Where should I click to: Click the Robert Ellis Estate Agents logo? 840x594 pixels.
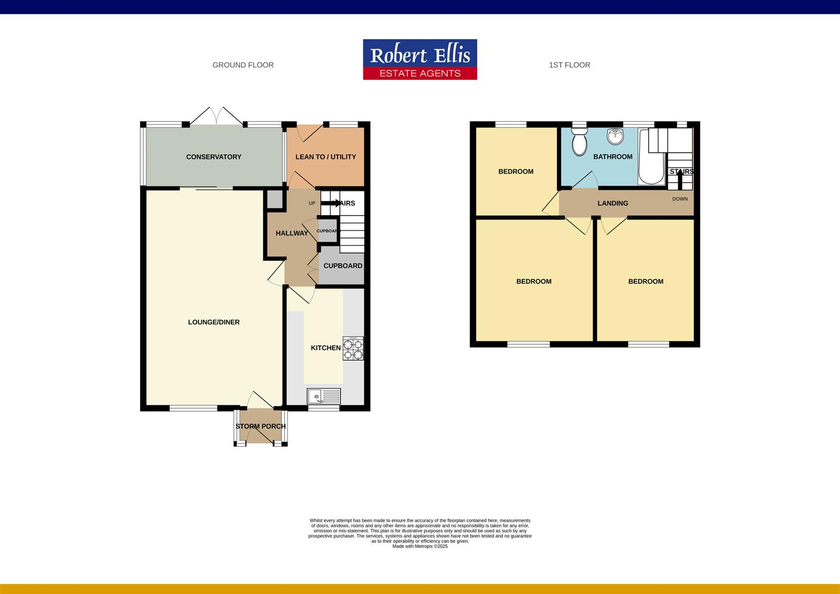tap(420, 59)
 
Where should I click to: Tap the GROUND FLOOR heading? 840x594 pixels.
tap(243, 65)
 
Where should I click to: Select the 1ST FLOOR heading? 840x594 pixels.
tap(570, 65)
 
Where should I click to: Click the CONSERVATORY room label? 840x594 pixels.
tap(213, 157)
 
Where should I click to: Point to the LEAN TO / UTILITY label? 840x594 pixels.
tap(325, 157)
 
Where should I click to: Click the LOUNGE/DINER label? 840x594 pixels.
tap(214, 322)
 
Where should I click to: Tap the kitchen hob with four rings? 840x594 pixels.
tap(353, 348)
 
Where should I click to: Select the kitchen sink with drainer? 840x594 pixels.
tap(324, 396)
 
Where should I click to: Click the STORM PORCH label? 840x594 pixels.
tap(261, 426)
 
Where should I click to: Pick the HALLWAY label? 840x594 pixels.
tap(292, 233)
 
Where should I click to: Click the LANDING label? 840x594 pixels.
tap(612, 204)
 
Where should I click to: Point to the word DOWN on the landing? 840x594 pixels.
tap(680, 199)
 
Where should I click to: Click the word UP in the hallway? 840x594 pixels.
tap(312, 204)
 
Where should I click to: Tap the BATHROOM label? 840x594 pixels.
tap(612, 157)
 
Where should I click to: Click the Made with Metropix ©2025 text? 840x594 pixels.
tap(420, 546)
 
